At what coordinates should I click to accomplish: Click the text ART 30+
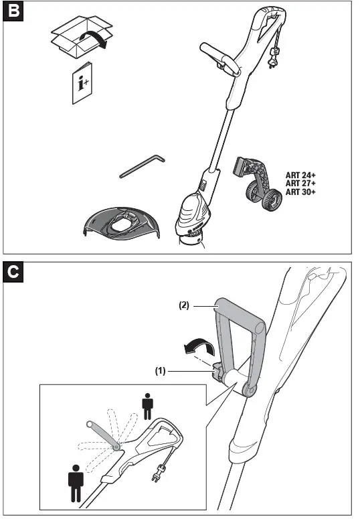(x=300, y=192)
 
